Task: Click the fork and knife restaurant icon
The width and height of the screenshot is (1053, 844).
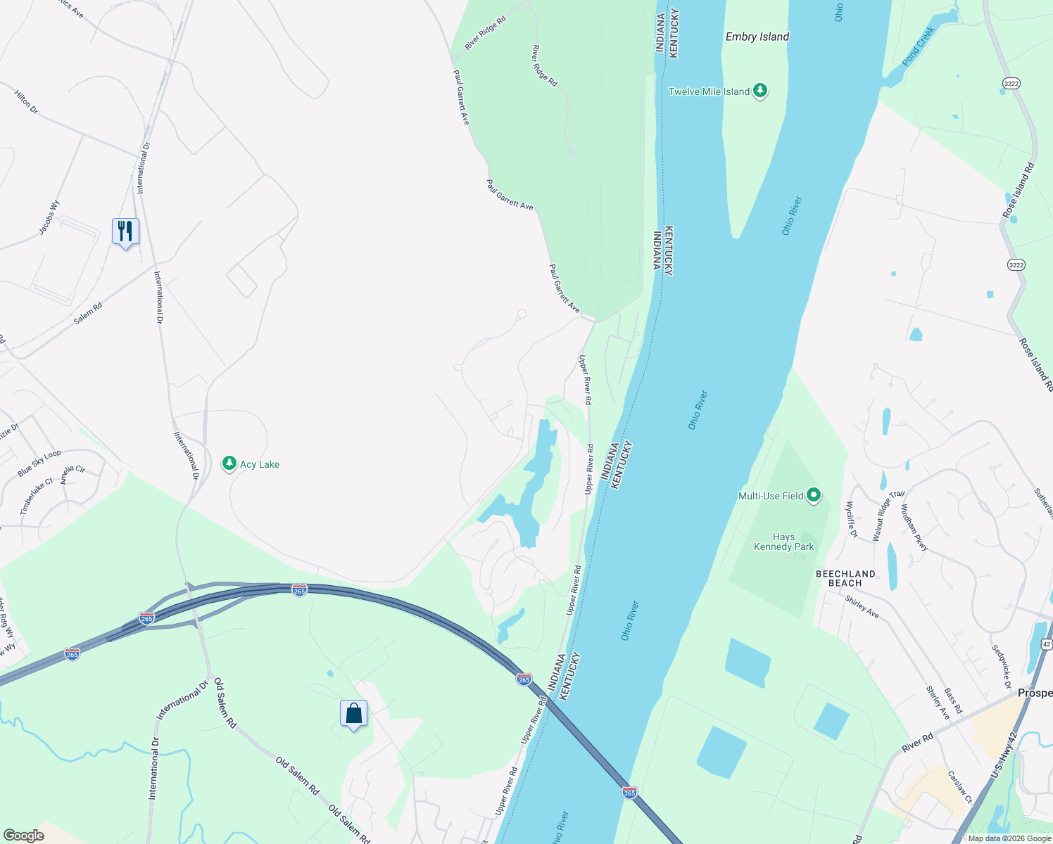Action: click(x=125, y=231)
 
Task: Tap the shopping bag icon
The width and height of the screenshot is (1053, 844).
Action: click(x=353, y=714)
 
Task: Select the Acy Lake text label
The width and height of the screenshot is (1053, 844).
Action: click(x=260, y=464)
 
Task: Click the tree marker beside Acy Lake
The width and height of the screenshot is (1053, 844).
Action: click(x=229, y=463)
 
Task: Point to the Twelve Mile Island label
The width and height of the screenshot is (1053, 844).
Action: click(x=709, y=91)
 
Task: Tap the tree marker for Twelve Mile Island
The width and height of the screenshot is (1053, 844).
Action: click(x=759, y=91)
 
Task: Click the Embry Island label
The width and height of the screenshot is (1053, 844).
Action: click(x=757, y=37)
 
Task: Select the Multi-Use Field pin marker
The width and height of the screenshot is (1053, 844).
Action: click(x=814, y=496)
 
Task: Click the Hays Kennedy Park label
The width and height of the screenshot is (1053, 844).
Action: click(x=783, y=542)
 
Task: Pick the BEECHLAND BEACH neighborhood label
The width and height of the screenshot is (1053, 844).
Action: click(x=845, y=578)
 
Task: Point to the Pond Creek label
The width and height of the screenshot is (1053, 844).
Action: click(x=919, y=46)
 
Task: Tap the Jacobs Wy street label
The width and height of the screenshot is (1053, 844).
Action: click(x=49, y=217)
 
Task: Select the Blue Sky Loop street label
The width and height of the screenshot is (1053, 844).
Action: click(x=39, y=463)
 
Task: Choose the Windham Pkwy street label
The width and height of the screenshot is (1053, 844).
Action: click(x=914, y=527)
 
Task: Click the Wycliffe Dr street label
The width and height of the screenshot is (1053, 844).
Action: click(x=851, y=520)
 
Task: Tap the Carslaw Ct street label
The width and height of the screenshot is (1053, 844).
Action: click(x=959, y=787)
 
